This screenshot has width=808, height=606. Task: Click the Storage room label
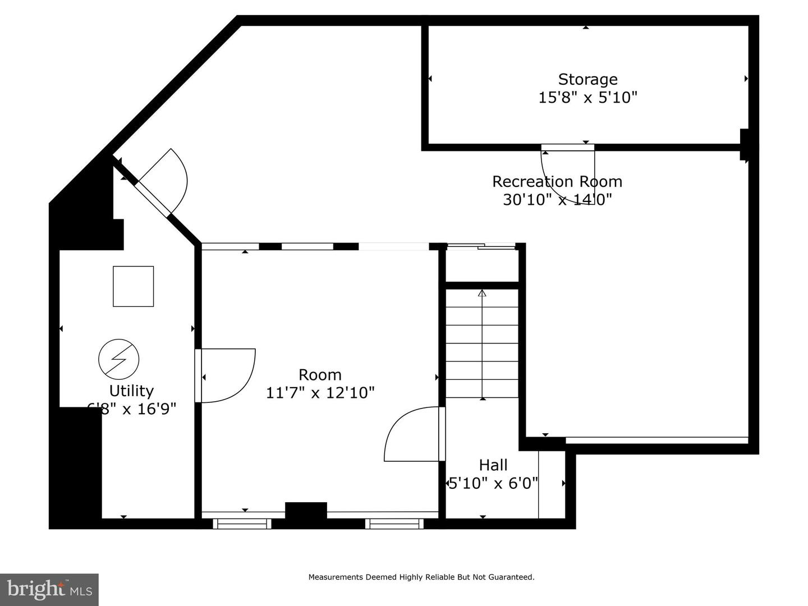pos(587,79)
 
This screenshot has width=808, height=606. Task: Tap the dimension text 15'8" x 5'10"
pos(587,98)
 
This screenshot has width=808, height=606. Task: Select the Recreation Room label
pos(557,182)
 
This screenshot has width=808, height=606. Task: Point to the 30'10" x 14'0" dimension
pos(557,199)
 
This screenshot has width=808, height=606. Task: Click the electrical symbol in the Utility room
pos(119,359)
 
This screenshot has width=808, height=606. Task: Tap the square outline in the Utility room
pos(133,286)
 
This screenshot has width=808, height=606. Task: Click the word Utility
pos(131,391)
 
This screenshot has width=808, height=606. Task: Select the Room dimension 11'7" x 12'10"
pos(320,392)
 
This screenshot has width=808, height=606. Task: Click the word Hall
pos(493,465)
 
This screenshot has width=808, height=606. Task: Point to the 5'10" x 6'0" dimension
pos(493,483)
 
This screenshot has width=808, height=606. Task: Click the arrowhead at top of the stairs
pos(482,292)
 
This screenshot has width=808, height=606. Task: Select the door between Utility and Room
pos(224,376)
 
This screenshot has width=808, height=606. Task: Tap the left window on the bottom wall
pos(242,524)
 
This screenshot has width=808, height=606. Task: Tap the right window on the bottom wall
pos(394,524)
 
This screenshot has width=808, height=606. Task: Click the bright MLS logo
pos(49,589)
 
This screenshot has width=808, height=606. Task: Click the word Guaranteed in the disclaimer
pos(511,577)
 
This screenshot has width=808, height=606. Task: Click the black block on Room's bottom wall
pos(306,511)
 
